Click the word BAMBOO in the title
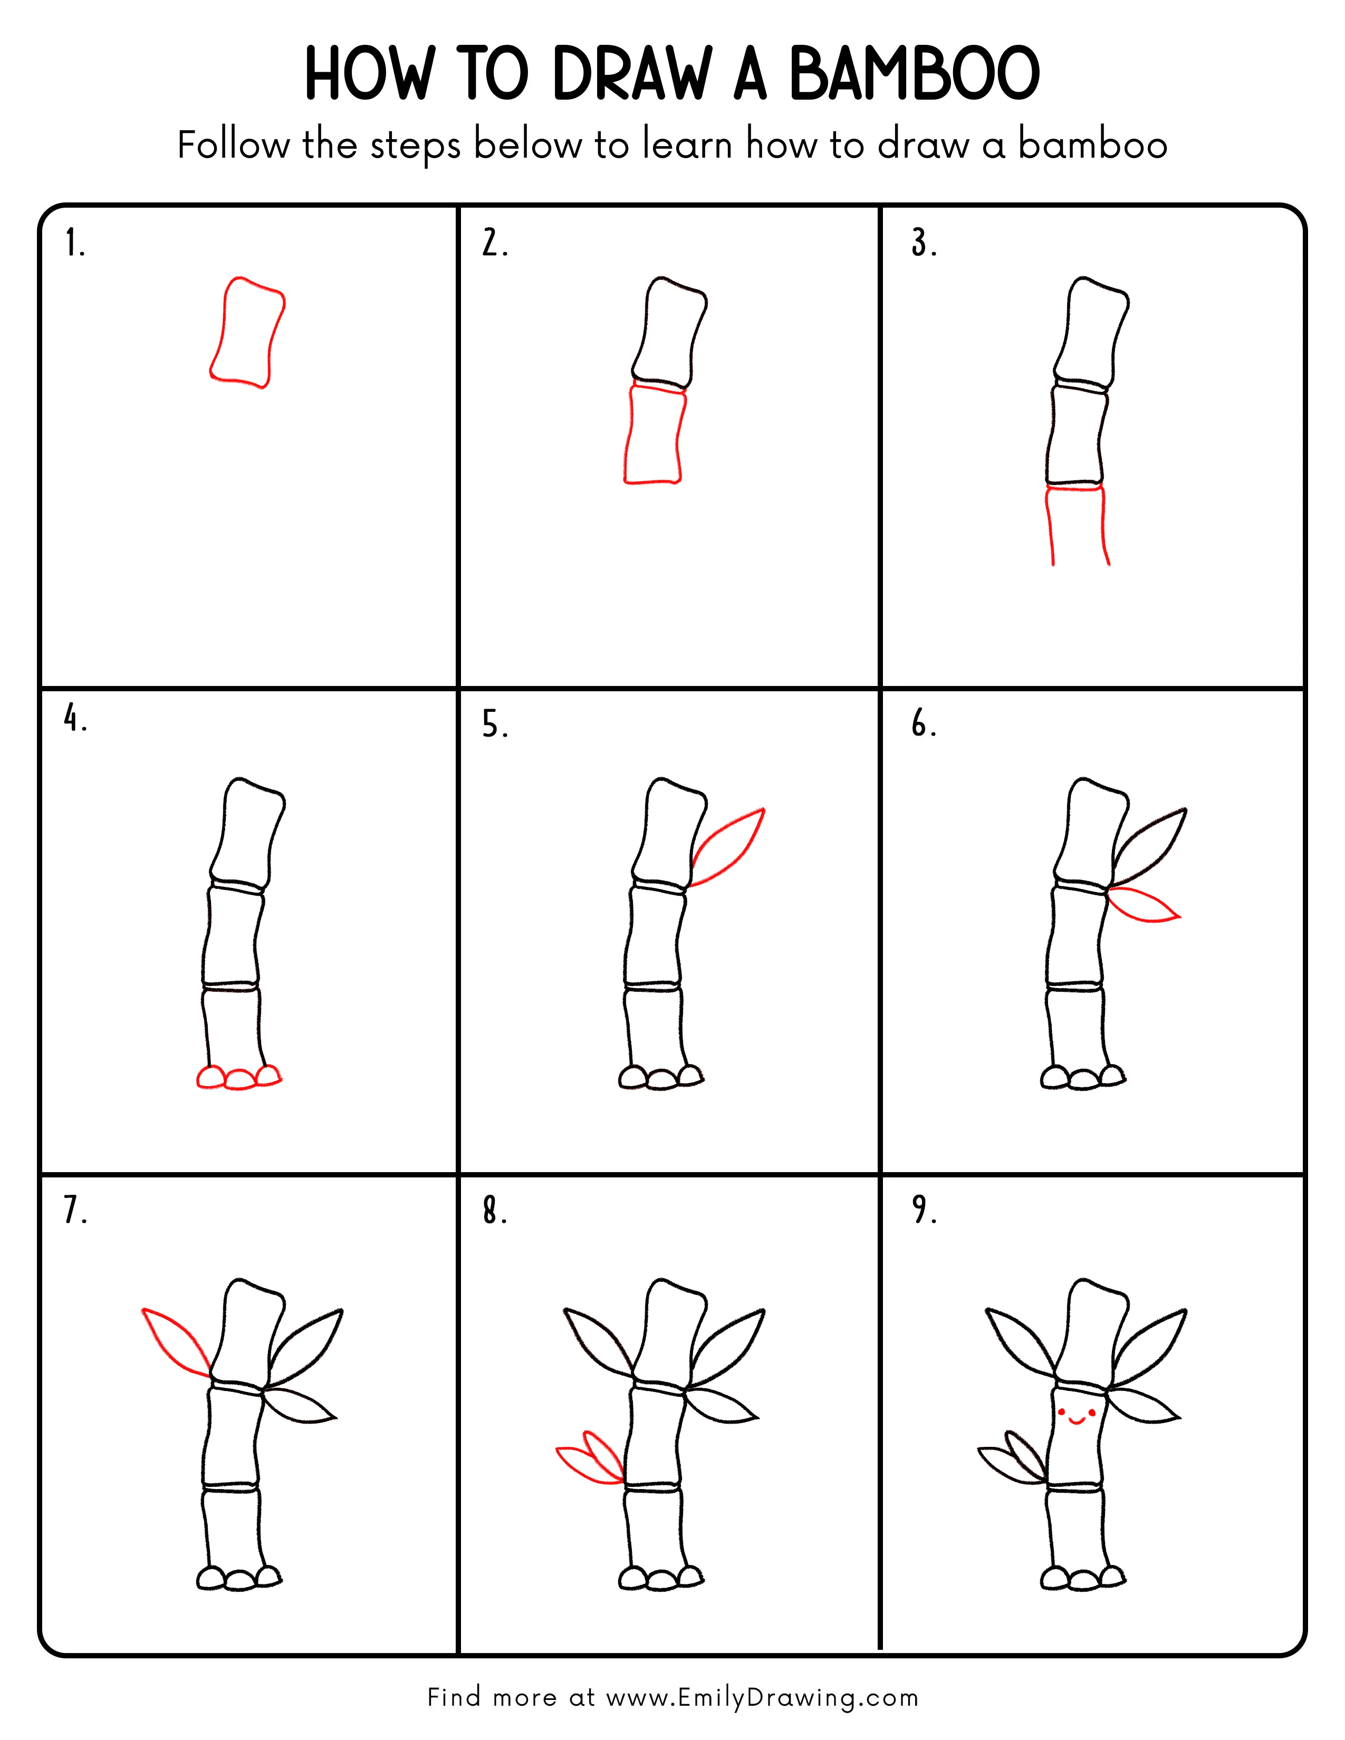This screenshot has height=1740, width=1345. pos(914,74)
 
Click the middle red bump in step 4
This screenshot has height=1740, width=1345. pos(239,1079)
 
